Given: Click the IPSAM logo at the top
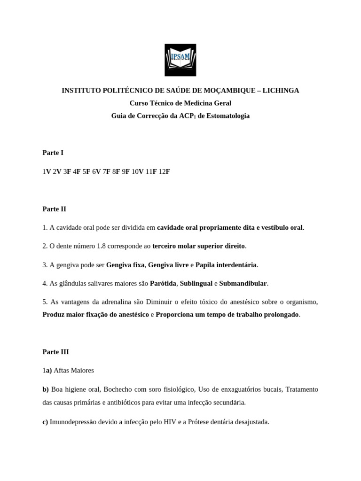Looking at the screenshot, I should (180, 60).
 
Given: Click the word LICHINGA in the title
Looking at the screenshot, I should (281, 90).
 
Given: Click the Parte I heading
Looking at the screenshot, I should (53, 153).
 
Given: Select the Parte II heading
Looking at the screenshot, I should (54, 209).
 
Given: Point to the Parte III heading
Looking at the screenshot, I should (55, 351).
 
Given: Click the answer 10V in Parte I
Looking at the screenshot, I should (137, 171).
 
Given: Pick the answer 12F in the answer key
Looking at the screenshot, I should (164, 171).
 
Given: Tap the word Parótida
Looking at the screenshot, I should (163, 283).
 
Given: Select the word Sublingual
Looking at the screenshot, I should (196, 283).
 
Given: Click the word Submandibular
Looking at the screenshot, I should (243, 283).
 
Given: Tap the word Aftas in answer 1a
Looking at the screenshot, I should (62, 370).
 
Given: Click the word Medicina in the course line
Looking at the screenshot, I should (188, 103).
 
